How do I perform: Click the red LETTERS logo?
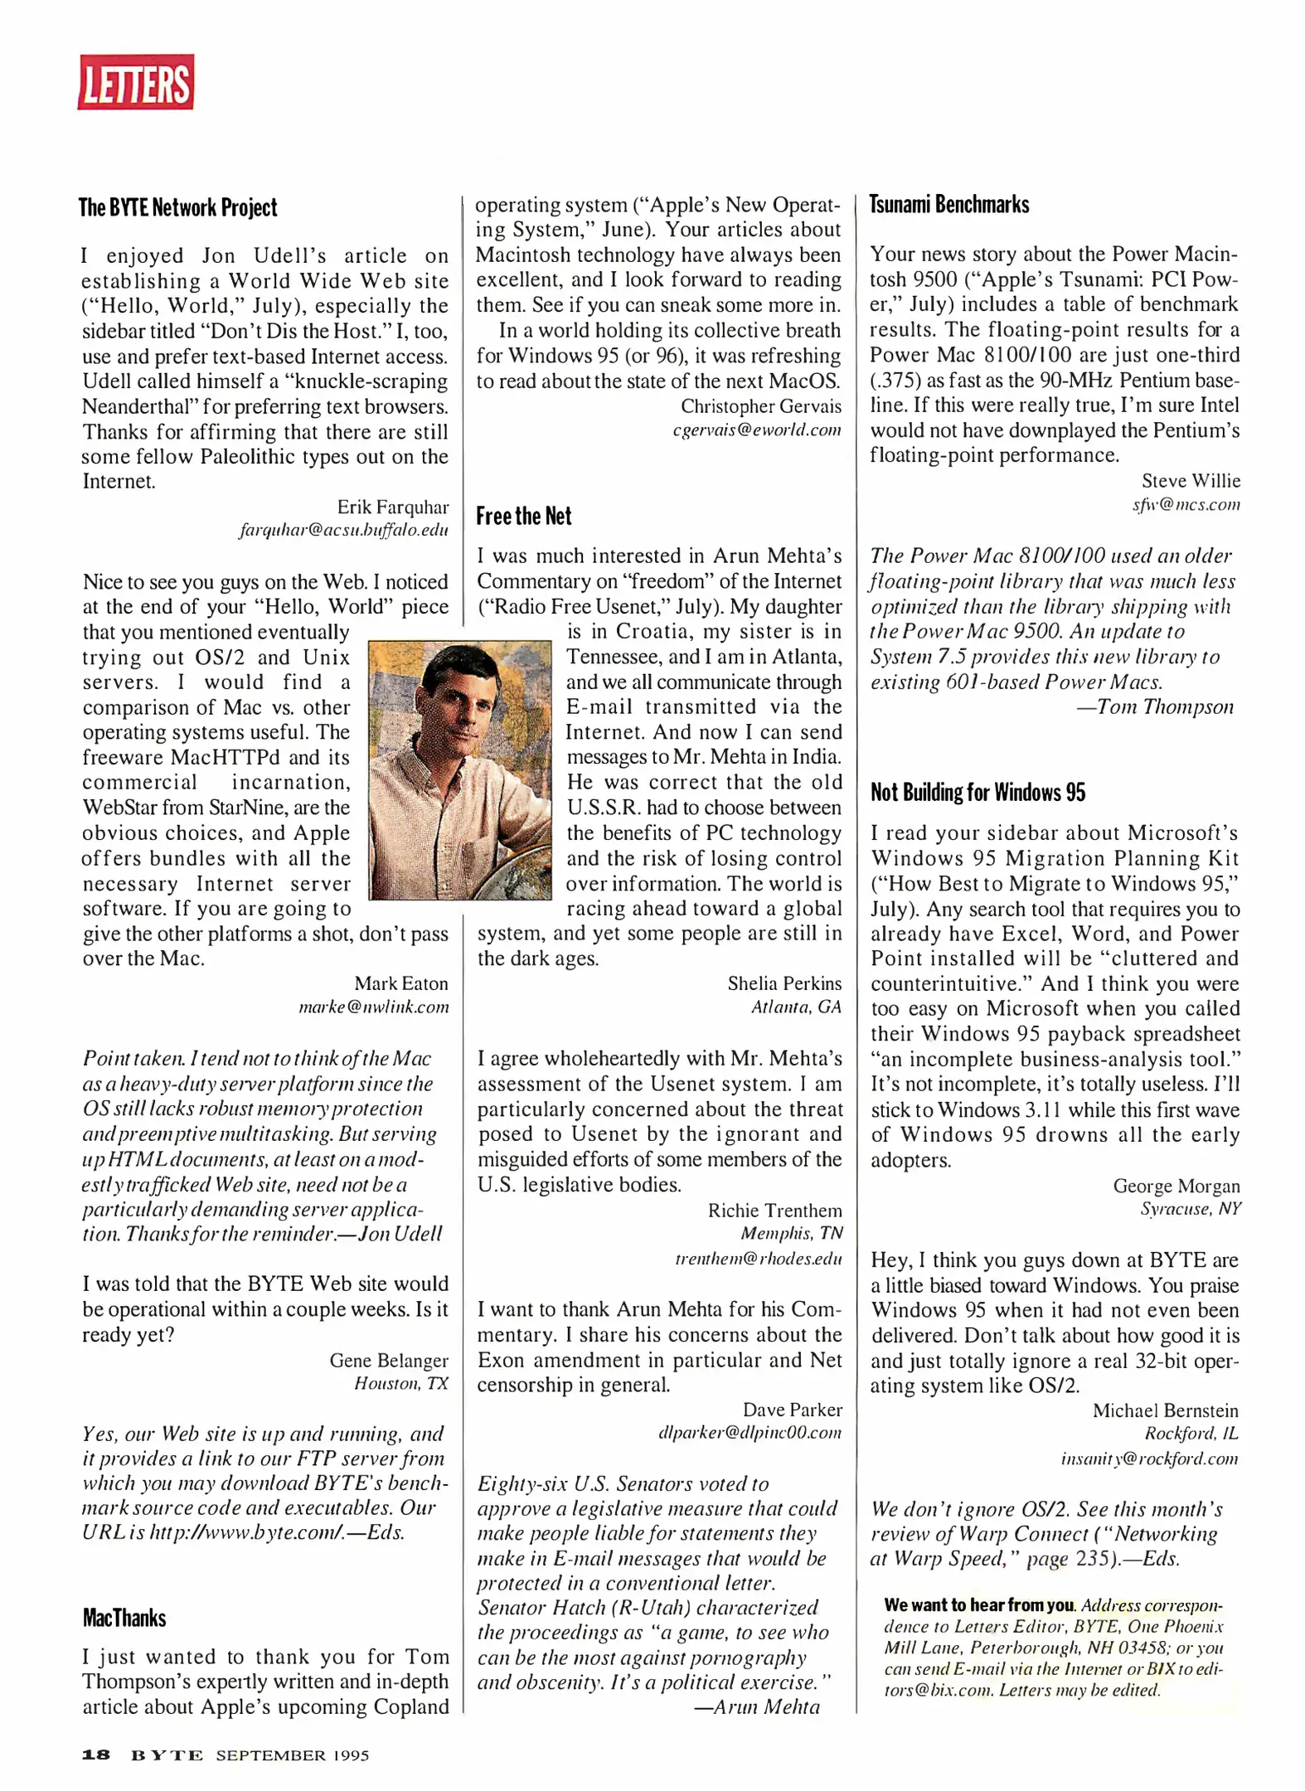pyautogui.click(x=135, y=82)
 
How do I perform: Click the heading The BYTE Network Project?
pyautogui.click(x=177, y=207)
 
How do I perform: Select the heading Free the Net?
pyautogui.click(x=523, y=516)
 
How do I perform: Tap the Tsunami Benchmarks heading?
pyautogui.click(x=948, y=205)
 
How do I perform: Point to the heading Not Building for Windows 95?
pyautogui.click(x=977, y=792)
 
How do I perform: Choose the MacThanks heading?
pyautogui.click(x=124, y=1617)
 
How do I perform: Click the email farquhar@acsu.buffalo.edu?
pyautogui.click(x=343, y=529)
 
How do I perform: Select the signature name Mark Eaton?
pyautogui.click(x=400, y=983)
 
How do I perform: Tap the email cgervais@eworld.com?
pyautogui.click(x=756, y=430)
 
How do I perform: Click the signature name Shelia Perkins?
pyautogui.click(x=783, y=983)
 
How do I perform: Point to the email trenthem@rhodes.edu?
pyautogui.click(x=758, y=1258)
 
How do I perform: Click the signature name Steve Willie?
pyautogui.click(x=1190, y=480)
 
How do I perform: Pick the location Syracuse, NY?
pyautogui.click(x=1190, y=1208)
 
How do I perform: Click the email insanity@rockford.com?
pyautogui.click(x=1148, y=1458)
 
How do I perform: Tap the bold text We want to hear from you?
pyautogui.click(x=978, y=1604)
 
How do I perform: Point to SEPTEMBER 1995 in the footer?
pyautogui.click(x=292, y=1755)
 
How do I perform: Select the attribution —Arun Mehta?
pyautogui.click(x=756, y=1706)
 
